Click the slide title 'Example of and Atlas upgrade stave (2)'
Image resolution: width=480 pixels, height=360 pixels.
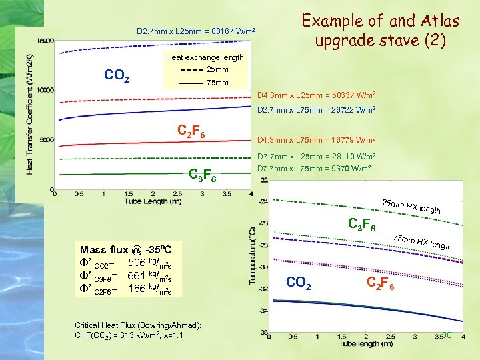(x=381, y=31)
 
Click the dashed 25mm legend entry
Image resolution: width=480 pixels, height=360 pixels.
(x=204, y=70)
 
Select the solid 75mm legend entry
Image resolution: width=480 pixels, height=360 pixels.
(x=204, y=83)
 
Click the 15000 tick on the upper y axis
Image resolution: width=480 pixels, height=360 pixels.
(x=45, y=41)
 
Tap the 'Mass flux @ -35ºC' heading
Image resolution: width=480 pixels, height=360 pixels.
(x=126, y=250)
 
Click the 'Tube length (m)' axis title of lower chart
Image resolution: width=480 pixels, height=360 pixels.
(x=365, y=344)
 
